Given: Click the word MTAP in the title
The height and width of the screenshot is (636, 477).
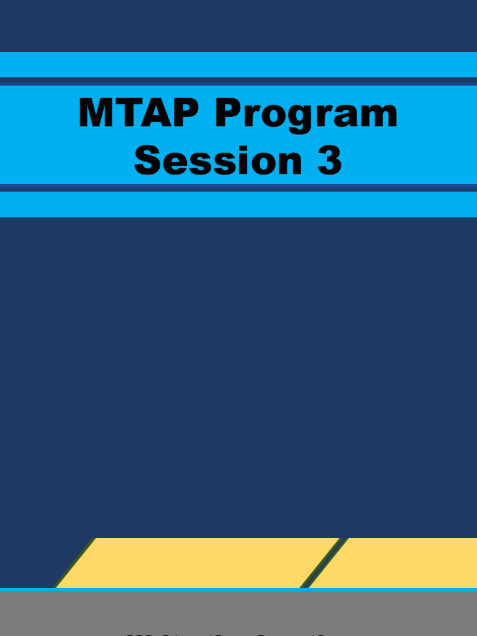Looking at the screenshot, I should [140, 114].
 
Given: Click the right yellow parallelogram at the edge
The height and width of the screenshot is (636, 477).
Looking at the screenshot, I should [404, 563].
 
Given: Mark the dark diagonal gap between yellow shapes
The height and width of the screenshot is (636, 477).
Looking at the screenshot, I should [323, 563].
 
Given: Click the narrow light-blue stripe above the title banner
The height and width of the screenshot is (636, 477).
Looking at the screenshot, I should [238, 65].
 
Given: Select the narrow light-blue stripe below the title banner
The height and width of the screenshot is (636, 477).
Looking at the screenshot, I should [238, 204].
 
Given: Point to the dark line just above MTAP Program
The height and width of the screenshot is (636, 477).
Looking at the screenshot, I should [238, 81].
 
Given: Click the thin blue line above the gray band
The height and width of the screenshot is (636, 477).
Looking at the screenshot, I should [238, 589].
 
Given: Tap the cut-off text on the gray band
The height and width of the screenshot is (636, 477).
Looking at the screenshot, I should [238, 633].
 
